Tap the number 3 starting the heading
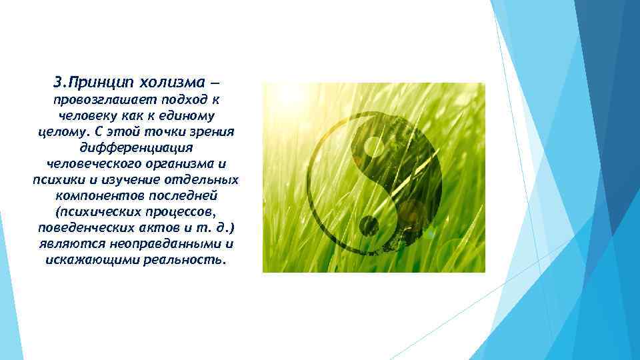[x=58, y=83]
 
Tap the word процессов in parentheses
[x=177, y=211]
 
